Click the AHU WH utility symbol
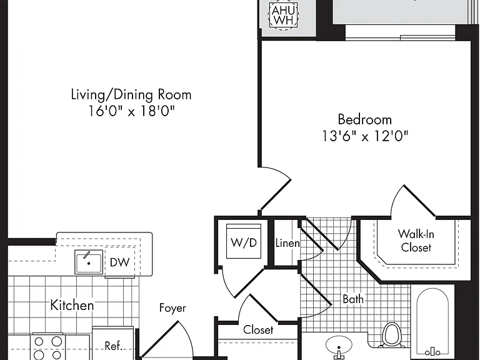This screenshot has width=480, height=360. tap(283, 14)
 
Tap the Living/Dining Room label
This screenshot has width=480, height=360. tap(131, 94)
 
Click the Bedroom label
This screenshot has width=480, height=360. tap(364, 119)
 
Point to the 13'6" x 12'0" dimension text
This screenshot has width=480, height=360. tap(365, 136)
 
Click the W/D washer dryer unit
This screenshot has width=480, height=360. tap(244, 241)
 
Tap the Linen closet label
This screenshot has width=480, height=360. tap(287, 243)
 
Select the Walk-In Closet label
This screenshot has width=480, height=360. tap(416, 241)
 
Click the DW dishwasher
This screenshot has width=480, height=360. tap(120, 262)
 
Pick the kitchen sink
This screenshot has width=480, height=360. tap(89, 262)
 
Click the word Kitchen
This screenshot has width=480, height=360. tap(72, 305)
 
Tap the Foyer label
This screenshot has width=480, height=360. tap(172, 308)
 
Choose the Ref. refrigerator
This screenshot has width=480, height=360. tap(113, 344)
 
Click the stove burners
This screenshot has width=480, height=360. tap(47, 347)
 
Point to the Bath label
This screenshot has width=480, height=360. tap(353, 299)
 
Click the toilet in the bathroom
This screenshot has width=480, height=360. tap(391, 334)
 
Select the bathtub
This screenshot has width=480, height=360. tap(432, 322)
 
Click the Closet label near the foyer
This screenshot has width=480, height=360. tap(258, 330)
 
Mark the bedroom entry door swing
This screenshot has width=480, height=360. tap(275, 188)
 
